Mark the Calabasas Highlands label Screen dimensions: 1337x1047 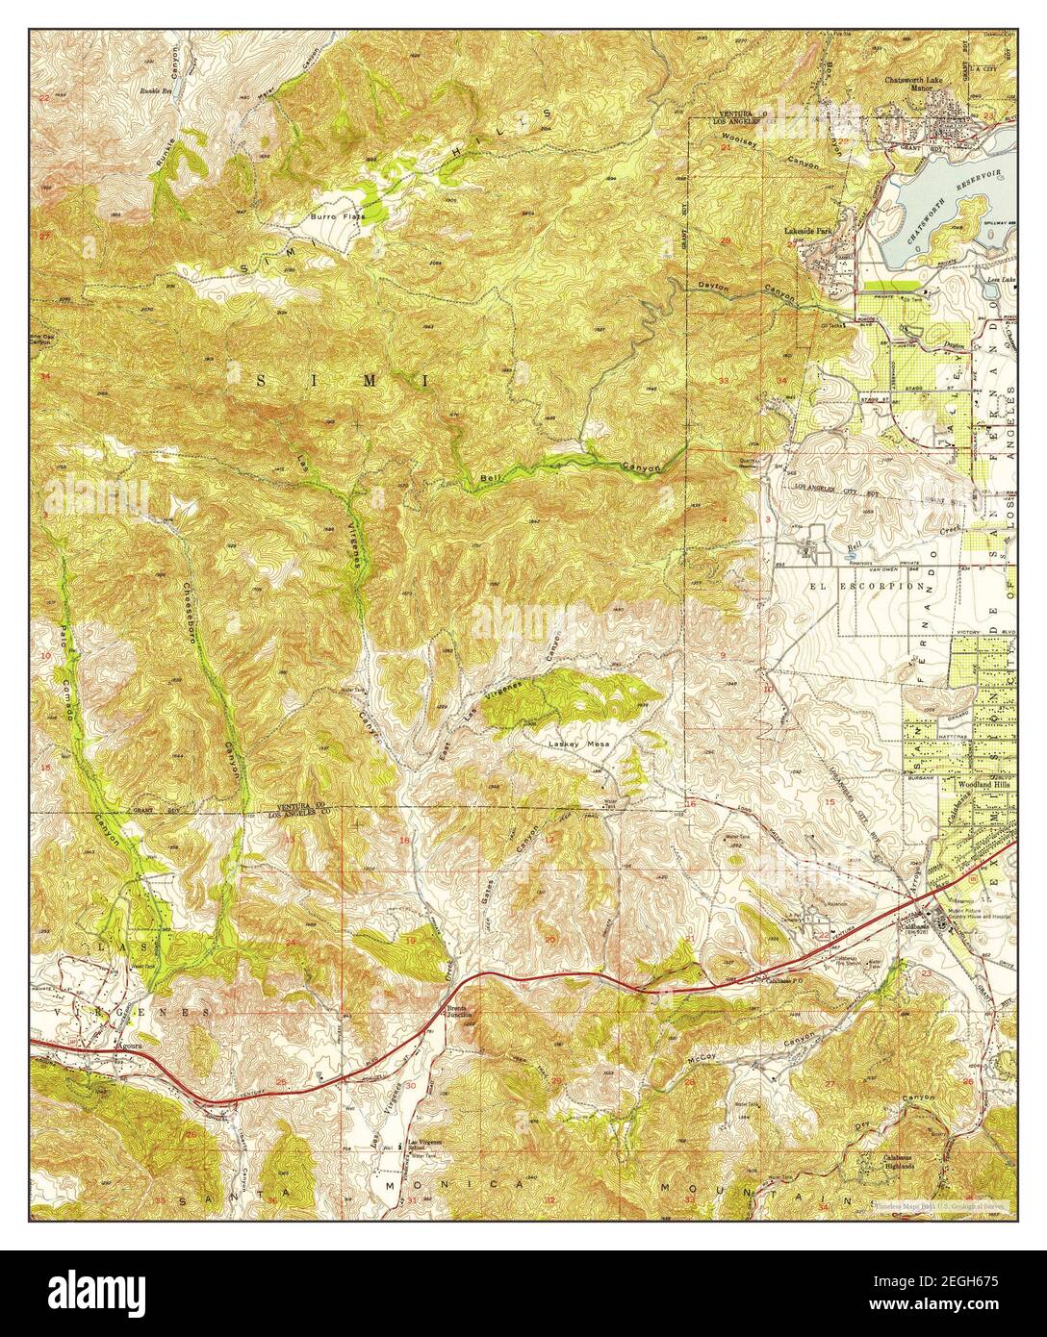(890, 1161)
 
